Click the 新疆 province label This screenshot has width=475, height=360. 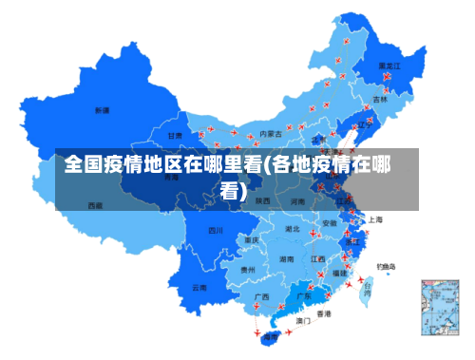(102, 110)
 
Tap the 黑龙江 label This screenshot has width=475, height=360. (389, 66)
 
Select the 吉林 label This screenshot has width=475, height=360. (380, 99)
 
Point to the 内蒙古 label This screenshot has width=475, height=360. (270, 134)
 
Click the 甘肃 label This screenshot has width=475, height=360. (176, 136)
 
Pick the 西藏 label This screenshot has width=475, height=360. (96, 204)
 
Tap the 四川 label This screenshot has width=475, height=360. (216, 230)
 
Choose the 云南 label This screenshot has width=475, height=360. (199, 287)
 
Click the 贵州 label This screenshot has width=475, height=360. (248, 270)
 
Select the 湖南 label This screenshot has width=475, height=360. (286, 258)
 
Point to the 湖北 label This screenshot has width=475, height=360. (293, 229)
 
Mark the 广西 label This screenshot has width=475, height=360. (261, 296)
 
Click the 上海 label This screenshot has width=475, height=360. (375, 219)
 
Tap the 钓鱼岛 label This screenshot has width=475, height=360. (387, 266)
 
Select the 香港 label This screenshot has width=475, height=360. (324, 313)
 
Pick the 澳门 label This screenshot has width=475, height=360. (303, 321)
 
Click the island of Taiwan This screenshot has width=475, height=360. (368, 291)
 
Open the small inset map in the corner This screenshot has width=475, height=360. (439, 306)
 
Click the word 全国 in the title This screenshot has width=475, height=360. (84, 165)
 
